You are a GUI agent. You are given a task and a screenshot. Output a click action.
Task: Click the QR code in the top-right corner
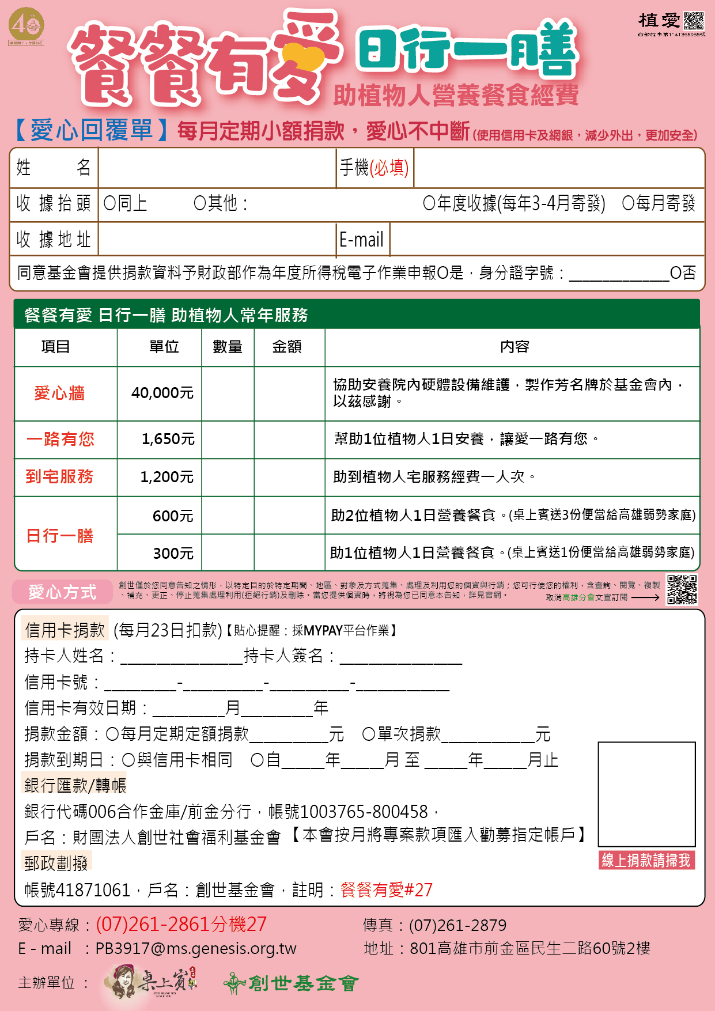(694, 21)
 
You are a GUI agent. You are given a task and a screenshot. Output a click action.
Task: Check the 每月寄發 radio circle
(628, 203)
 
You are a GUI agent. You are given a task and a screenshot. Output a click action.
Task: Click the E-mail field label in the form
(362, 240)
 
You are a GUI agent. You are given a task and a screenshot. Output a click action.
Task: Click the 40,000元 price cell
(162, 393)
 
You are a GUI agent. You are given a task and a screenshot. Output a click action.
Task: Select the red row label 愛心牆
(59, 393)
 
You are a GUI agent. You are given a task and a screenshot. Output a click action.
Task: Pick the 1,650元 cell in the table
(168, 439)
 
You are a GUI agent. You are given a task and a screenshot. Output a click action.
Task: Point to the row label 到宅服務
(59, 476)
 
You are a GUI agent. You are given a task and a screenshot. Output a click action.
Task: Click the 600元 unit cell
(172, 516)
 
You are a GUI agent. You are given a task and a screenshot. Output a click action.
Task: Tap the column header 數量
(228, 347)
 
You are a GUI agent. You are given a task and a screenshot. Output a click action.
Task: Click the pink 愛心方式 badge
(62, 592)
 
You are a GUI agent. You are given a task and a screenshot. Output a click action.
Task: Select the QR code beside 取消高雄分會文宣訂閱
(682, 589)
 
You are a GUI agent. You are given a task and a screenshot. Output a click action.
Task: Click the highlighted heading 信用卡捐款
(65, 630)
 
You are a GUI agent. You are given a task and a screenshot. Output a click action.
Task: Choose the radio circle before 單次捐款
(369, 734)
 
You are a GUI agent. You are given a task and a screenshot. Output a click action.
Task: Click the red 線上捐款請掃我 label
(646, 860)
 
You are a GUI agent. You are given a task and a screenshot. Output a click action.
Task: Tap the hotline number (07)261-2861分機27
(181, 924)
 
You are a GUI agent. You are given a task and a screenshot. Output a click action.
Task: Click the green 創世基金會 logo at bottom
(292, 983)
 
